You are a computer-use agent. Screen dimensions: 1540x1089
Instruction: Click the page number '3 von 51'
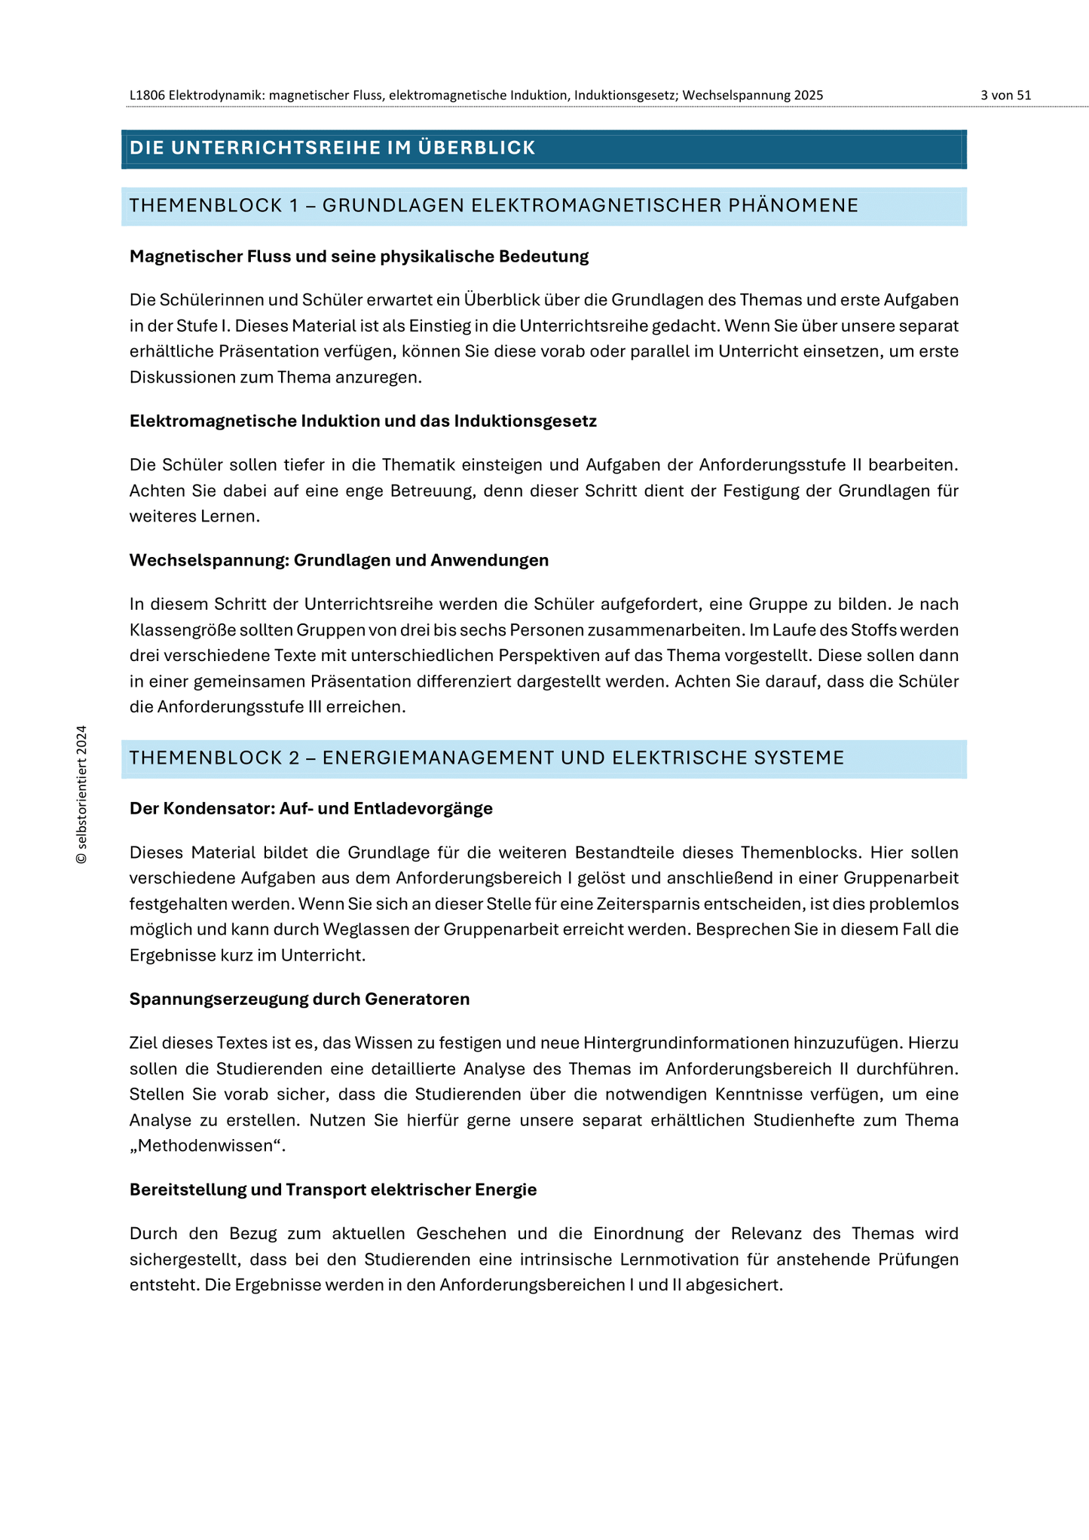pyautogui.click(x=1005, y=96)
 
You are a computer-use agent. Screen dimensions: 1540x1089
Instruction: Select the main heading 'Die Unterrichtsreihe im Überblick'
pyautogui.click(x=332, y=148)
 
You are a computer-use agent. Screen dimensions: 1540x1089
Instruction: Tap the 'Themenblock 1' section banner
pyautogui.click(x=494, y=206)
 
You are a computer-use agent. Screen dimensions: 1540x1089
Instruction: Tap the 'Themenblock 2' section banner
pyautogui.click(x=486, y=758)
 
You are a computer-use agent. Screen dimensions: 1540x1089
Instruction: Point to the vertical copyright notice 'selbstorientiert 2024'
pyautogui.click(x=82, y=794)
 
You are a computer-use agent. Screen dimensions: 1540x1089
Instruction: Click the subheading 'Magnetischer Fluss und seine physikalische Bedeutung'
pyautogui.click(x=359, y=257)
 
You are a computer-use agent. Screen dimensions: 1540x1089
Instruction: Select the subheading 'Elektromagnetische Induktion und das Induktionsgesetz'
pyautogui.click(x=362, y=421)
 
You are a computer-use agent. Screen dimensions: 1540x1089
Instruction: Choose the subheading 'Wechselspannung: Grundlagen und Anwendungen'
pyautogui.click(x=338, y=561)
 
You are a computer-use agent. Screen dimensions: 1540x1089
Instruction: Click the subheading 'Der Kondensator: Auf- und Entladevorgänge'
pyautogui.click(x=310, y=809)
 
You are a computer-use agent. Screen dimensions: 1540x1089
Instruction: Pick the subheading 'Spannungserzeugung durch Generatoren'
pyautogui.click(x=299, y=1000)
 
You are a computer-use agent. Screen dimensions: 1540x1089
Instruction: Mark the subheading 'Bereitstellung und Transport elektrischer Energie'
pyautogui.click(x=332, y=1190)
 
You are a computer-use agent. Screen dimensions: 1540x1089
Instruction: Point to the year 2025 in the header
pyautogui.click(x=808, y=96)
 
